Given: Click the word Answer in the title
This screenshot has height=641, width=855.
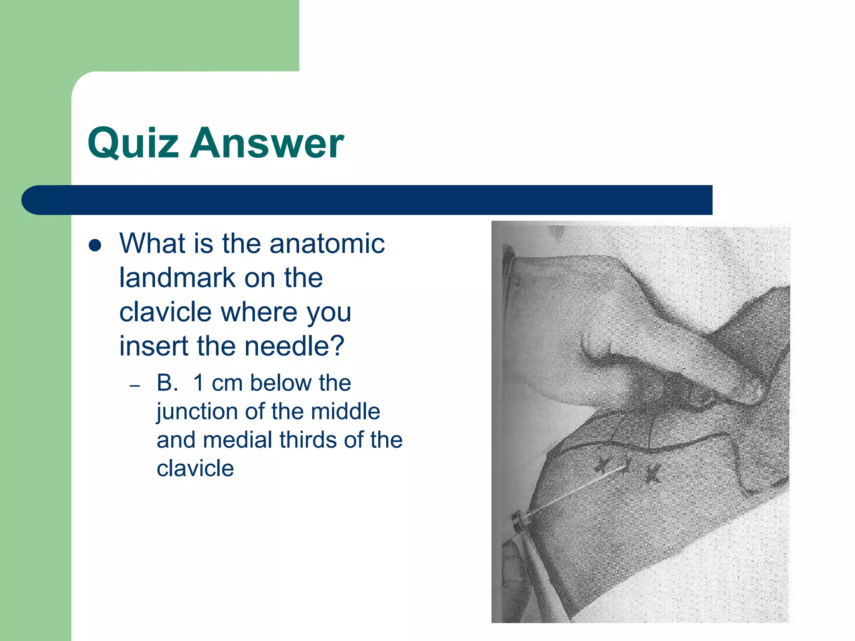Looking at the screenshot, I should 267,144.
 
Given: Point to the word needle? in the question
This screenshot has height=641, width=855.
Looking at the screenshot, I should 294,346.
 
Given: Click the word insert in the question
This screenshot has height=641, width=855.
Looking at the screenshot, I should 154,346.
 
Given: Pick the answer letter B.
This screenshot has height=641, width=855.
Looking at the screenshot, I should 167,383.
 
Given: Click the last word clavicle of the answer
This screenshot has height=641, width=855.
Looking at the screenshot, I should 195,469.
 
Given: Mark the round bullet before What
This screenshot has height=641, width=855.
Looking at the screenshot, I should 96,245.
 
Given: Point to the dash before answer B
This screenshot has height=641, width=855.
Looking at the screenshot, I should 134,386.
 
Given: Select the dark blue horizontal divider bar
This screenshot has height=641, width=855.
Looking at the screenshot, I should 367,200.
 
